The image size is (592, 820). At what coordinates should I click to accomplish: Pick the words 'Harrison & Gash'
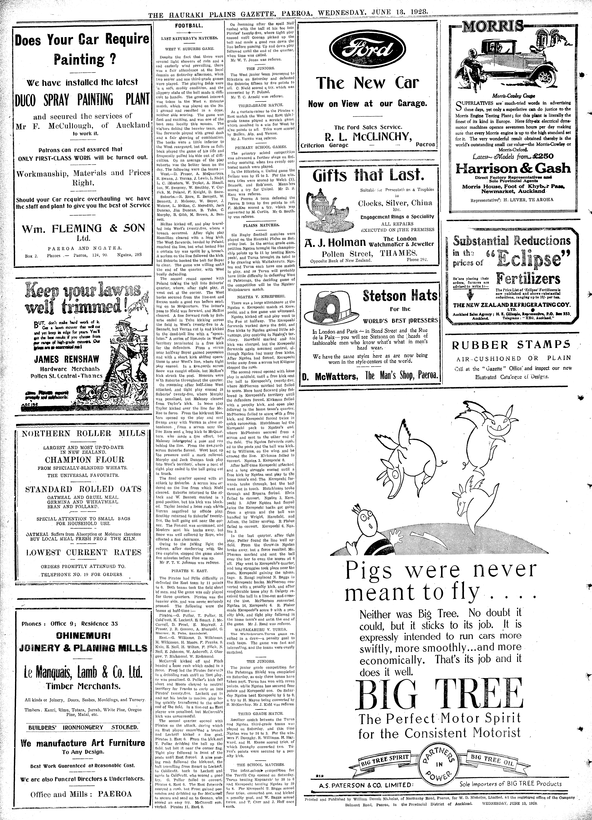(512, 168)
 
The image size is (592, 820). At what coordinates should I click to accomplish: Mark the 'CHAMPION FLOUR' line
(85, 460)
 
